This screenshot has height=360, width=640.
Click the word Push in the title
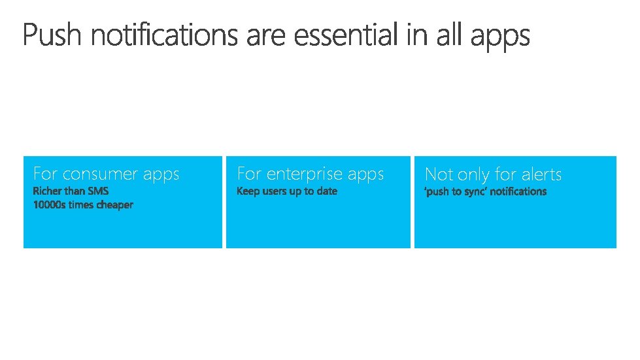(x=53, y=36)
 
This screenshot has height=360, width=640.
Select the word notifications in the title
(x=164, y=36)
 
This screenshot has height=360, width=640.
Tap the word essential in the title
(x=345, y=36)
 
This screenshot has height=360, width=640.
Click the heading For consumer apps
(x=106, y=174)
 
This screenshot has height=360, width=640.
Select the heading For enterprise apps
(x=310, y=174)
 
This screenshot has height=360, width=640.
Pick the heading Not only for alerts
(x=493, y=174)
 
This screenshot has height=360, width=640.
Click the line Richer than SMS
(x=71, y=191)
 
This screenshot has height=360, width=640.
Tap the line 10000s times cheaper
(x=83, y=205)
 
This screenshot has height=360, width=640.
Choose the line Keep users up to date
(x=287, y=191)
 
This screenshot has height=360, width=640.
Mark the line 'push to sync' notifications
(x=486, y=191)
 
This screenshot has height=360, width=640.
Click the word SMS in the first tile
(x=99, y=191)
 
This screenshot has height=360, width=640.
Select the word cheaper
(x=115, y=205)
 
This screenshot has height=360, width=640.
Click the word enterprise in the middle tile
(x=305, y=174)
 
